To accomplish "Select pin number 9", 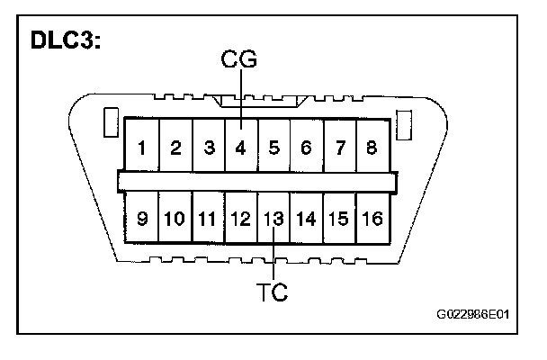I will [x=143, y=219].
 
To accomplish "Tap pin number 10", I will [x=175, y=219].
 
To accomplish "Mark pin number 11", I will [x=208, y=219].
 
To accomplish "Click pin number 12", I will [x=240, y=219].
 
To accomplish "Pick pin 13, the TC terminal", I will [x=273, y=219].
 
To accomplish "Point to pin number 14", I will [x=306, y=219].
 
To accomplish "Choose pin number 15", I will [x=338, y=219].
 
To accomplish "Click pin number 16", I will [x=372, y=219].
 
